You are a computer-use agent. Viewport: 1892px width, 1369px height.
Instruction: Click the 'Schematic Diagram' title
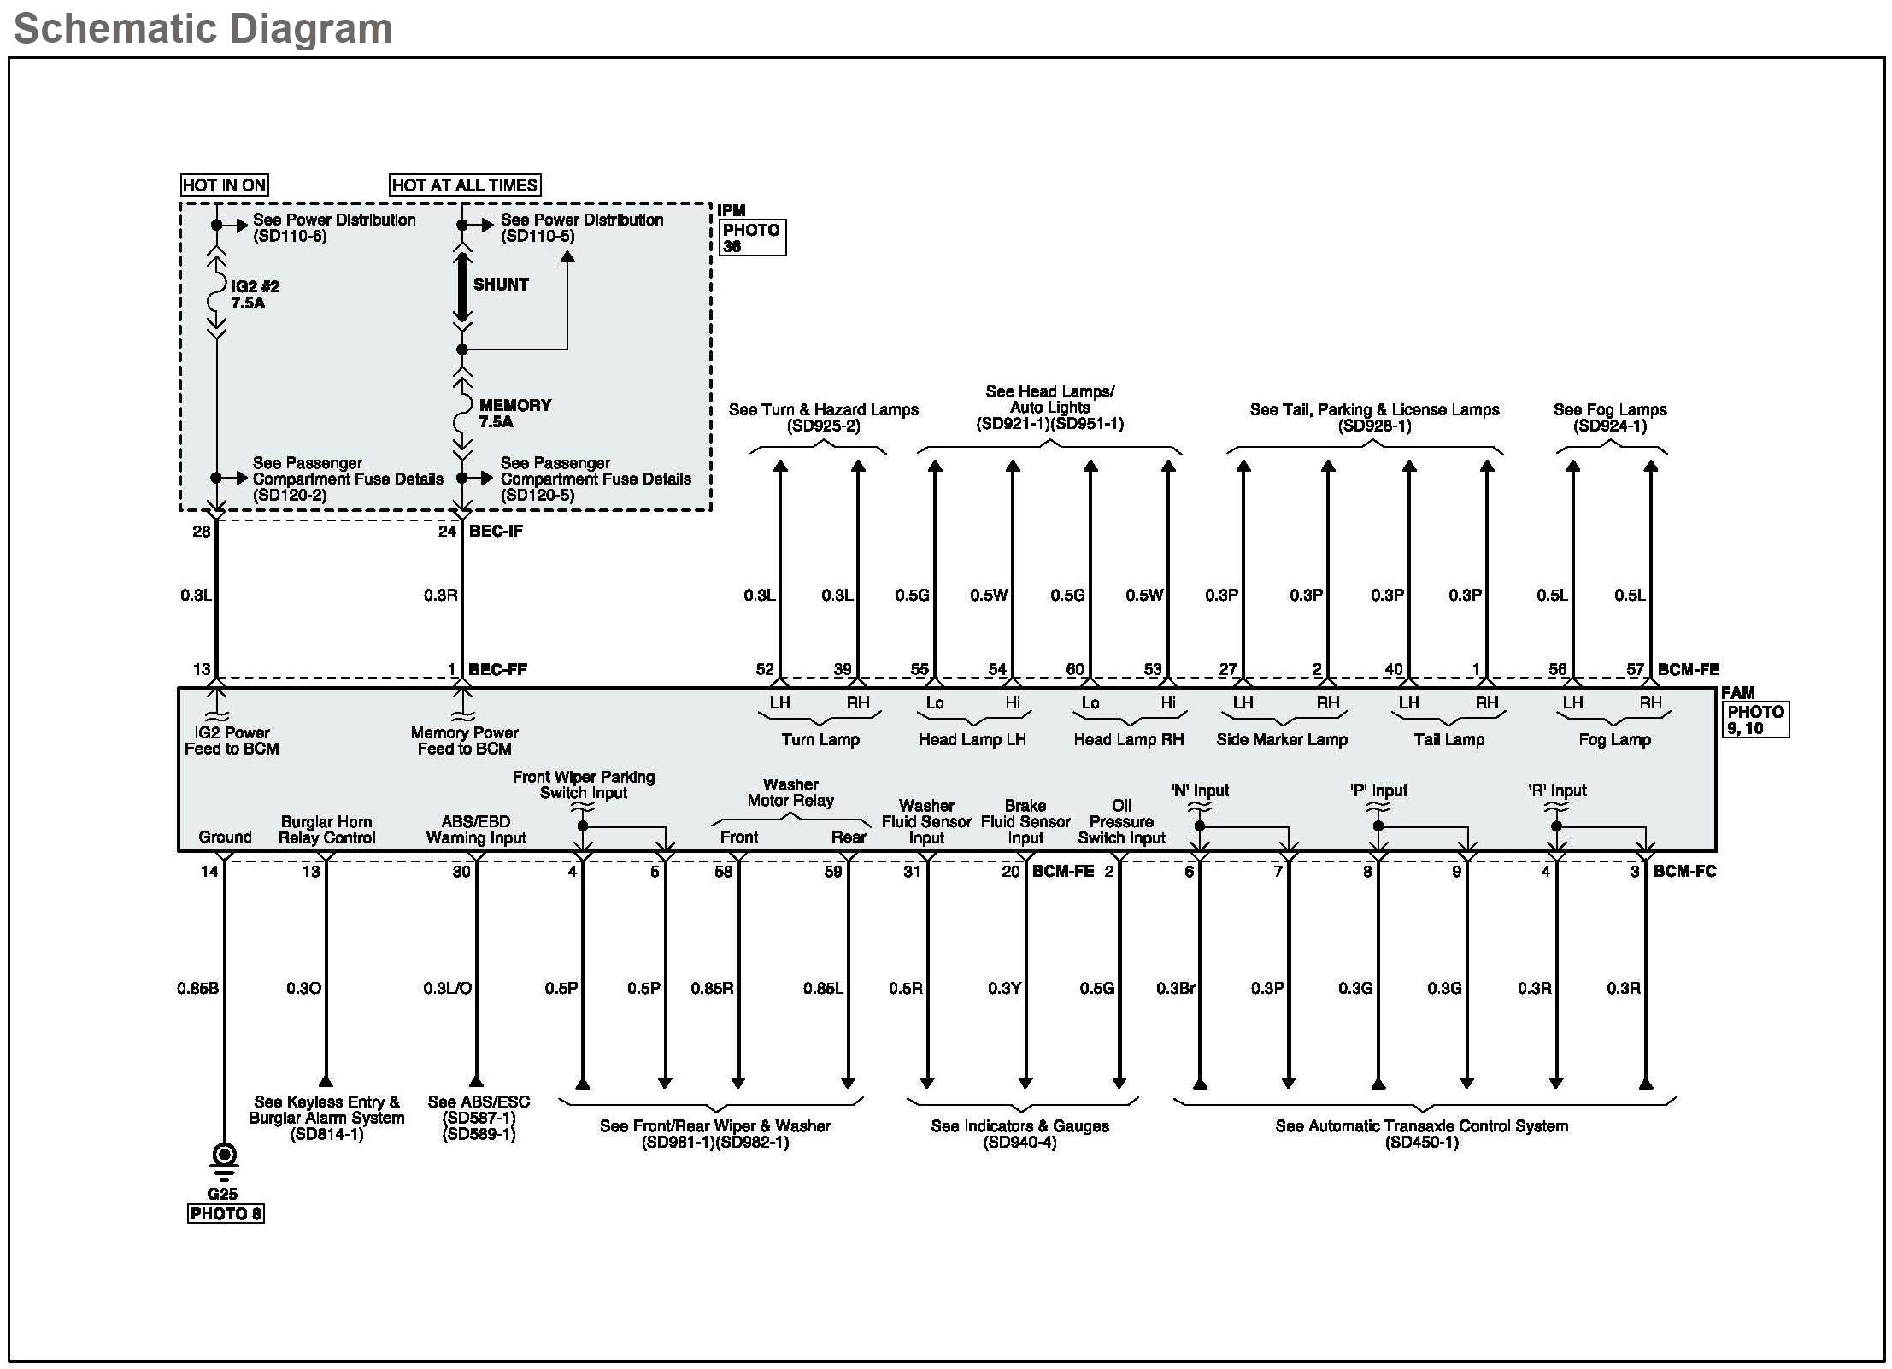click(x=203, y=28)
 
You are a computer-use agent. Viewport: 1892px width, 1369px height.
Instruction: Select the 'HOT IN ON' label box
click(x=225, y=185)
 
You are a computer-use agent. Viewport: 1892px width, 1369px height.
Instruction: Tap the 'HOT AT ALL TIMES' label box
click(x=465, y=185)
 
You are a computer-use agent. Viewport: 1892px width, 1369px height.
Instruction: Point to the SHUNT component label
click(x=501, y=285)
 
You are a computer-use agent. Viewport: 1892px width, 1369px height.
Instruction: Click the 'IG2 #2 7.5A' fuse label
click(x=255, y=295)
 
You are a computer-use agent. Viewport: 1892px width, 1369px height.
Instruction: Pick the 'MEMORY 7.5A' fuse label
click(x=514, y=414)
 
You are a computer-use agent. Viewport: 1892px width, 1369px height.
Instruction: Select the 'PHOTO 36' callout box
click(x=751, y=238)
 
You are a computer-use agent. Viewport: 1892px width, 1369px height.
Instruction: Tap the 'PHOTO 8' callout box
click(x=226, y=1213)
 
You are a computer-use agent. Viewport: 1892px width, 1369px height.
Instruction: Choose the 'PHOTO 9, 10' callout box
click(x=1754, y=720)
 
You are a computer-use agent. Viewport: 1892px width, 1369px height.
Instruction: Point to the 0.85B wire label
click(x=197, y=989)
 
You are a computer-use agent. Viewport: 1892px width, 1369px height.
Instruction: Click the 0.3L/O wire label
click(x=447, y=989)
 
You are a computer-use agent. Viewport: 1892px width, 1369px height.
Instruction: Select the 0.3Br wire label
click(x=1175, y=989)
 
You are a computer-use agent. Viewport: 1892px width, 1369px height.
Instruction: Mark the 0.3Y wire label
click(x=1004, y=989)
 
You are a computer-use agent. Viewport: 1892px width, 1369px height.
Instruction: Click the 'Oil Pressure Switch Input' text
click(x=1121, y=822)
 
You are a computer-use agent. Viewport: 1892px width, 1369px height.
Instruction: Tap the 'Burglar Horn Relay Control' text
click(x=326, y=830)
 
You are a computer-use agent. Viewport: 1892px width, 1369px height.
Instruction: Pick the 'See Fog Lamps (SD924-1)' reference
click(x=1610, y=418)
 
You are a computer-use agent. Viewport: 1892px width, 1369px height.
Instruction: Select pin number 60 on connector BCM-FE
click(x=1075, y=669)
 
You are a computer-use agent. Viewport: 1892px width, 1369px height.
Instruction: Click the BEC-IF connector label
click(x=496, y=531)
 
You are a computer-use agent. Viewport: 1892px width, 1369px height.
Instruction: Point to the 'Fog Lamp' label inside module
click(x=1614, y=740)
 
